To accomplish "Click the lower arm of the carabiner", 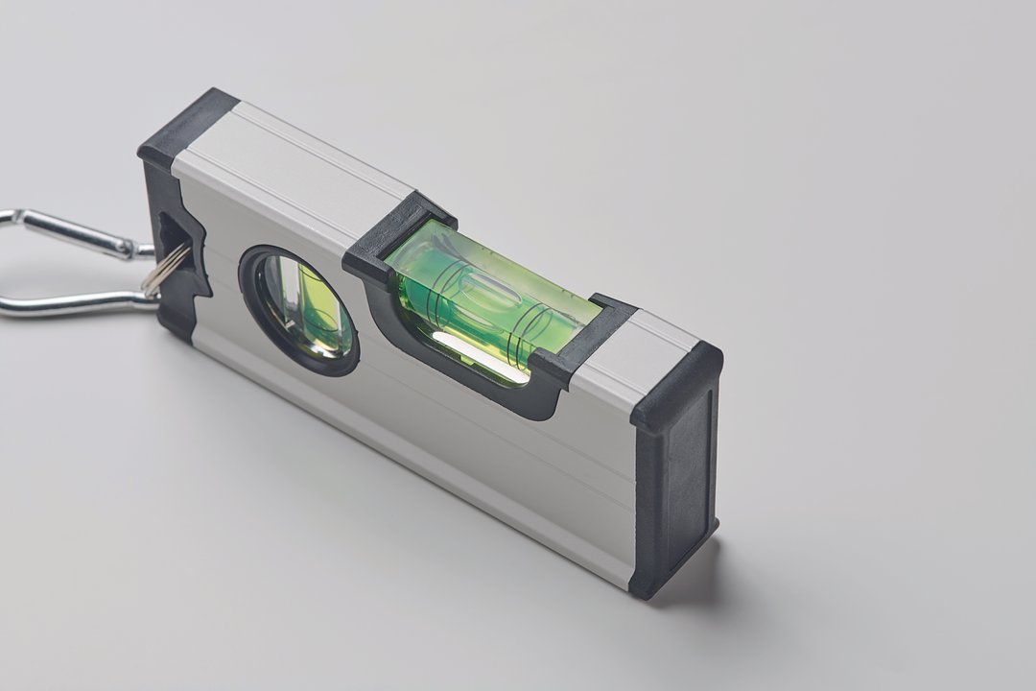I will (x=67, y=305).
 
